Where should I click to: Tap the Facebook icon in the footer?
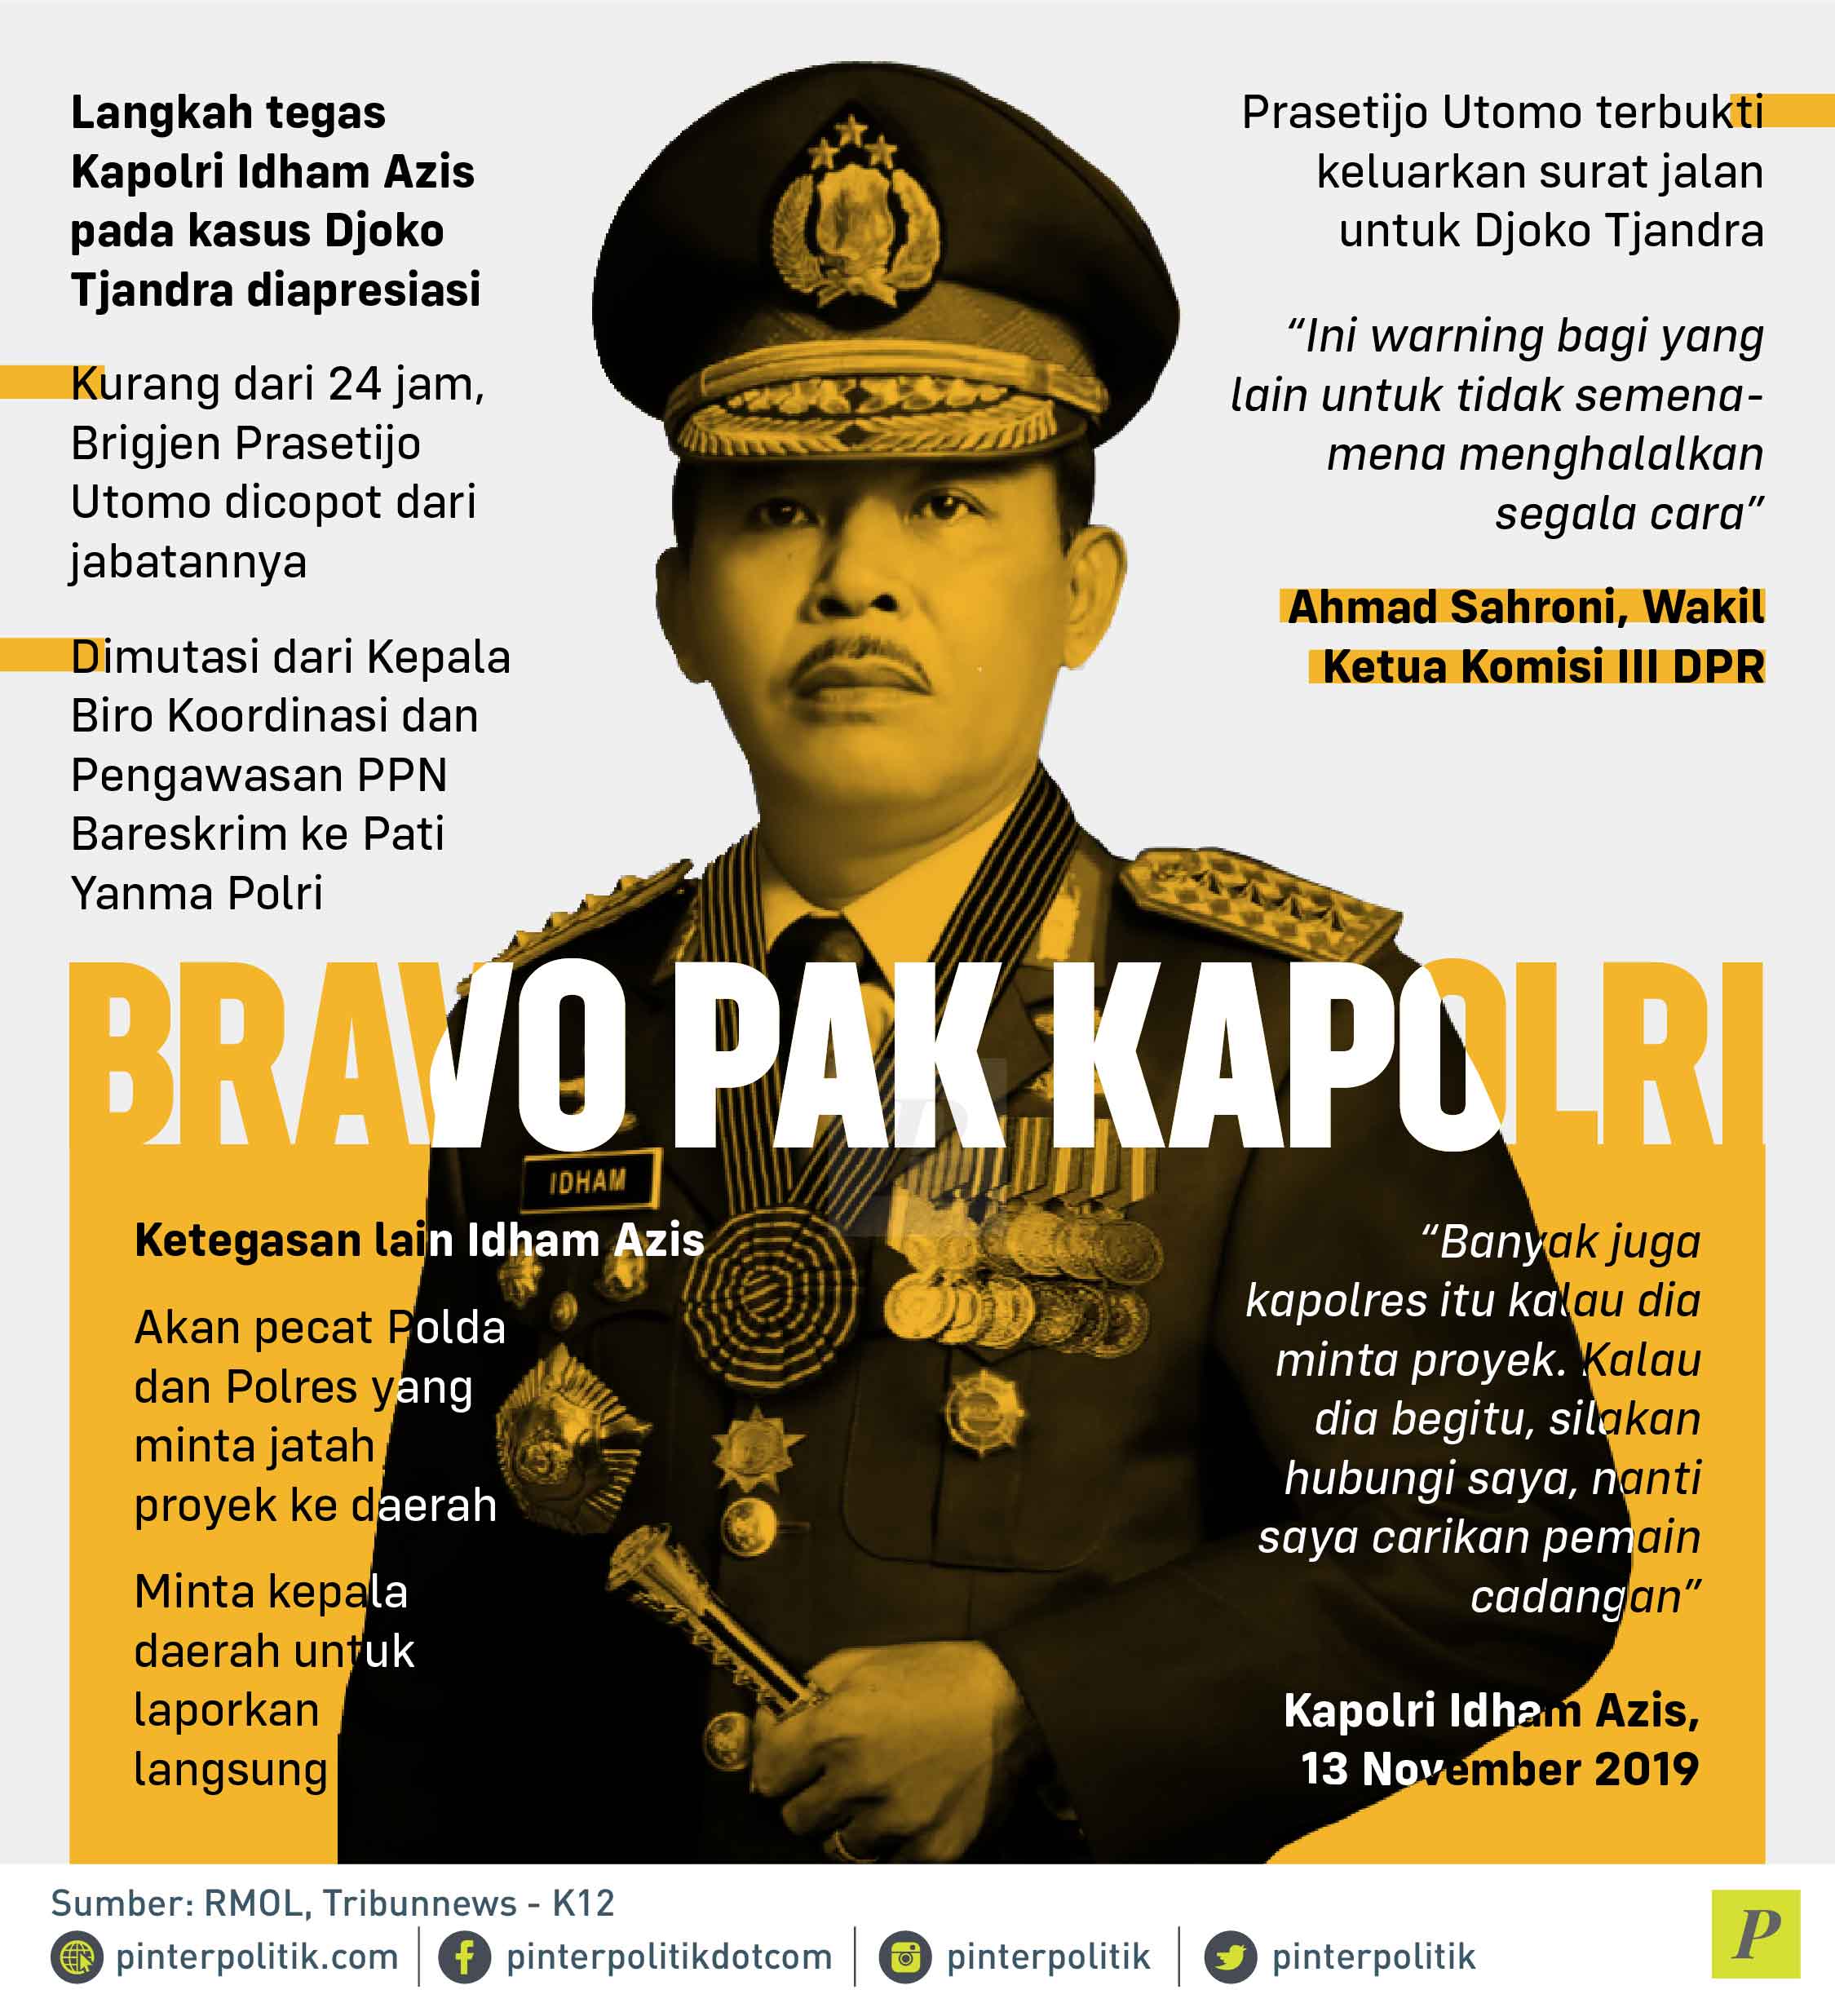tap(465, 1957)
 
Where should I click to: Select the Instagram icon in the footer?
tap(905, 1957)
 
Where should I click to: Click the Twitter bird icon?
tap(1230, 1957)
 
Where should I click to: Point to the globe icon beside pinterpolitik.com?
tap(76, 1957)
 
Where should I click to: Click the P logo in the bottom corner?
tap(1756, 1934)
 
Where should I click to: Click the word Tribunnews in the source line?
tap(420, 1904)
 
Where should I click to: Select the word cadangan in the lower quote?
tap(1585, 1597)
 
